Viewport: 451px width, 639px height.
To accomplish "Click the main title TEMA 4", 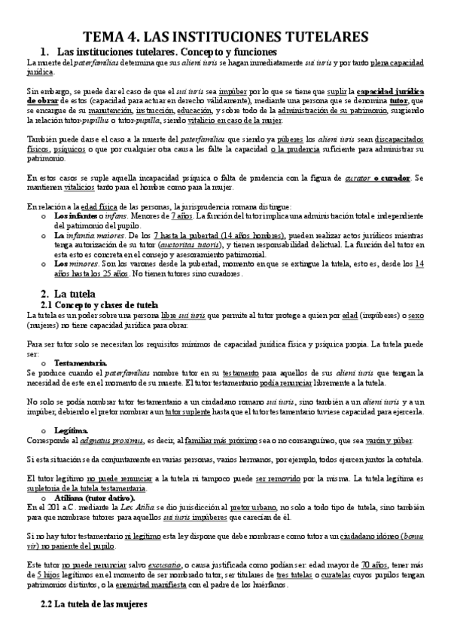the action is point(225,35).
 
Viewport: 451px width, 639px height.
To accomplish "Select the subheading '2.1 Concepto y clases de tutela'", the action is point(99,304).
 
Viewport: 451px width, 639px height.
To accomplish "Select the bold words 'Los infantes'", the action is point(75,216).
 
